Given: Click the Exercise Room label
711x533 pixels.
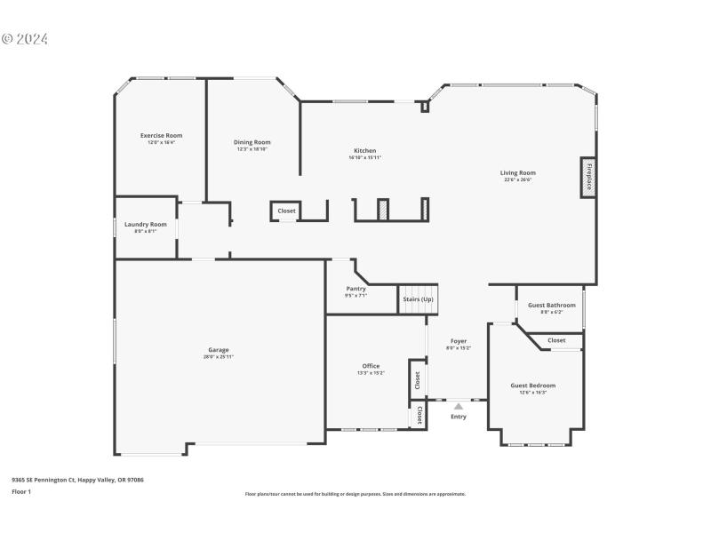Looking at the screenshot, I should tap(161, 135).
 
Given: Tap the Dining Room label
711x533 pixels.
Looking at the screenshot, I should tap(252, 142).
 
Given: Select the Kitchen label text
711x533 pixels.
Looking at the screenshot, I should tap(364, 151).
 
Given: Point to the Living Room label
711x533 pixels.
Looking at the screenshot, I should tap(517, 173).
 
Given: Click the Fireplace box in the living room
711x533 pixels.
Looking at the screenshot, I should tap(587, 176).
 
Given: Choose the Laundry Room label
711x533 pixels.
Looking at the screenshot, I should tap(146, 225).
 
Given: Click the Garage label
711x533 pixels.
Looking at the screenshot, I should tap(219, 350).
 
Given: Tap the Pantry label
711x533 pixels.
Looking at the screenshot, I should tap(355, 289).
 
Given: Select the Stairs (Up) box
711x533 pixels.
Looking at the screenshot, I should tap(419, 299).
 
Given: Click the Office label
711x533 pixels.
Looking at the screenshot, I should tap(371, 366).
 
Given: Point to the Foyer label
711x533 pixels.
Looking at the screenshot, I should tap(459, 341).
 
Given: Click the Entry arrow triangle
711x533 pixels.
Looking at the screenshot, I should tap(459, 407).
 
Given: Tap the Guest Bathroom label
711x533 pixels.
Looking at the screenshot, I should tap(552, 306).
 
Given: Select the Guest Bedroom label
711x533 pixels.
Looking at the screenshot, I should tap(533, 386).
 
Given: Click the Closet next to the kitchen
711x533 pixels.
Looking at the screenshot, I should tap(286, 211).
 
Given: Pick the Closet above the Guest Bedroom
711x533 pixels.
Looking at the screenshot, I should tap(556, 340).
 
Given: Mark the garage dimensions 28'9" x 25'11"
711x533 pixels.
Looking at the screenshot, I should tap(219, 356).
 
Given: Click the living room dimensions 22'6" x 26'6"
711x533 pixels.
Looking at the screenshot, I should tap(517, 179).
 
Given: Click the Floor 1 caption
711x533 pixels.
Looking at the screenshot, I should tap(21, 491).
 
